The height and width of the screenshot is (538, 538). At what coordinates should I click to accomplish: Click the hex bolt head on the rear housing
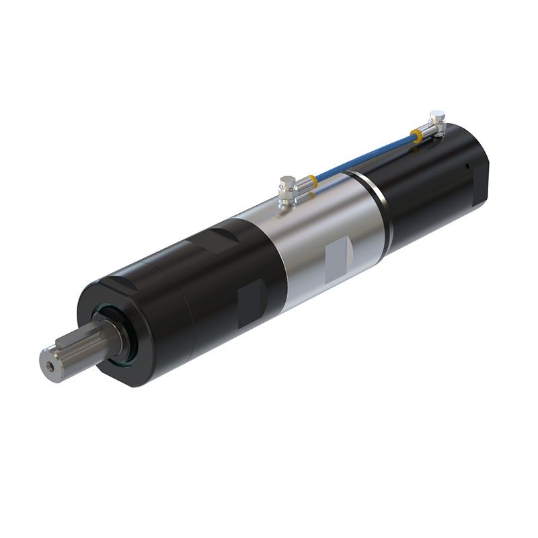pos(438,116)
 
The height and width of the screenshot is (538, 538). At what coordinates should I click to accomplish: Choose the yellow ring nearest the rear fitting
pos(418,137)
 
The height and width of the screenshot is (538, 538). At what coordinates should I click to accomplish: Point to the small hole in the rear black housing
pos(465,165)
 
